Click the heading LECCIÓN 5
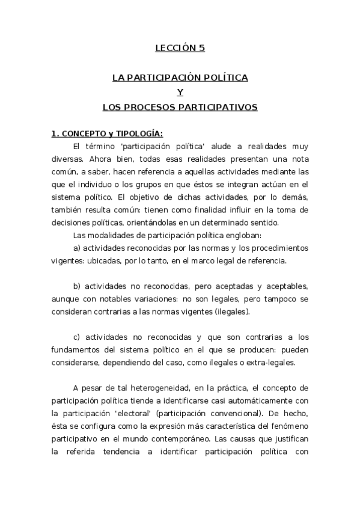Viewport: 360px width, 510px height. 180,48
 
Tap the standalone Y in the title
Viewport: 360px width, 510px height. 180,92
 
